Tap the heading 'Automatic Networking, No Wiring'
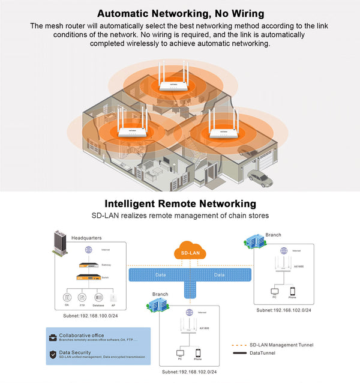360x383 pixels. click(x=179, y=13)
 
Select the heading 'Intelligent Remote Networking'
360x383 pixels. click(x=180, y=204)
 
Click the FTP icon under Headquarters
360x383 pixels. click(x=82, y=296)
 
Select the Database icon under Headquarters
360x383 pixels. click(x=98, y=296)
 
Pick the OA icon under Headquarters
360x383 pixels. click(x=67, y=296)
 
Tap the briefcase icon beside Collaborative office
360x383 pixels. click(x=53, y=337)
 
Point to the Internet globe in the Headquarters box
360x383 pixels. click(x=88, y=250)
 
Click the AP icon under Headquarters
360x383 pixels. click(x=113, y=297)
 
